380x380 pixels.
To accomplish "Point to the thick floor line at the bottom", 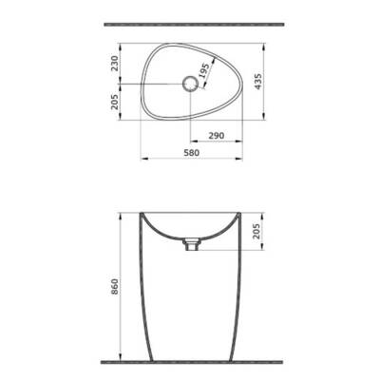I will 189,362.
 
